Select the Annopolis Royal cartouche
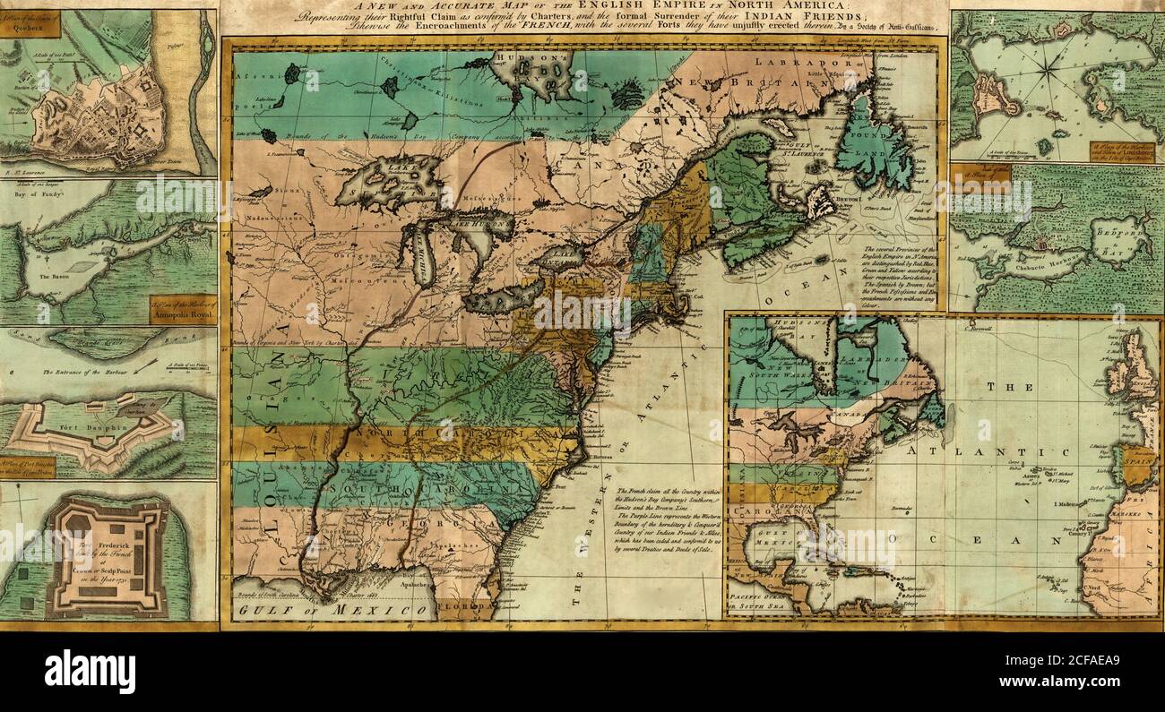click(182, 309)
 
